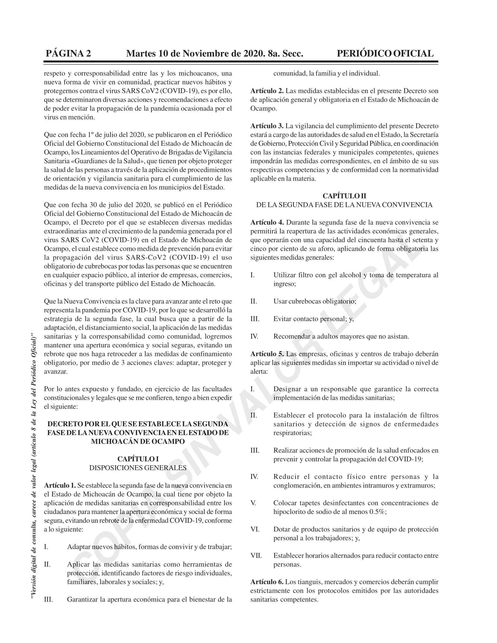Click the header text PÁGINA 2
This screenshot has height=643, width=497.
click(x=68, y=53)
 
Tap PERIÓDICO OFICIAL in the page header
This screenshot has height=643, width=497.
click(x=385, y=53)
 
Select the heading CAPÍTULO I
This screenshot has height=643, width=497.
click(x=138, y=459)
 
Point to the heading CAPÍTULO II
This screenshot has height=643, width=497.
click(x=344, y=196)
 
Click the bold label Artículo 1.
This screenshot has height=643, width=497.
click(x=60, y=485)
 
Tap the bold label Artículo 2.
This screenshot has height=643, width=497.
click(x=267, y=91)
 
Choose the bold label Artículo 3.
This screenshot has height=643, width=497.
click(x=267, y=126)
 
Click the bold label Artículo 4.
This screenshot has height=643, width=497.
click(x=267, y=222)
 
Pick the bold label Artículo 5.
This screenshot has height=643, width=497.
click(x=267, y=354)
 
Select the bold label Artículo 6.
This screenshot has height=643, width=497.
click(x=267, y=582)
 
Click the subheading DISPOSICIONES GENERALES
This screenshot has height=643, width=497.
click(x=138, y=468)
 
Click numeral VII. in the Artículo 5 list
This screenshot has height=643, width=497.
click(x=256, y=556)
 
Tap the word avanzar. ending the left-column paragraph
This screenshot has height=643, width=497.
click(x=56, y=371)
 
